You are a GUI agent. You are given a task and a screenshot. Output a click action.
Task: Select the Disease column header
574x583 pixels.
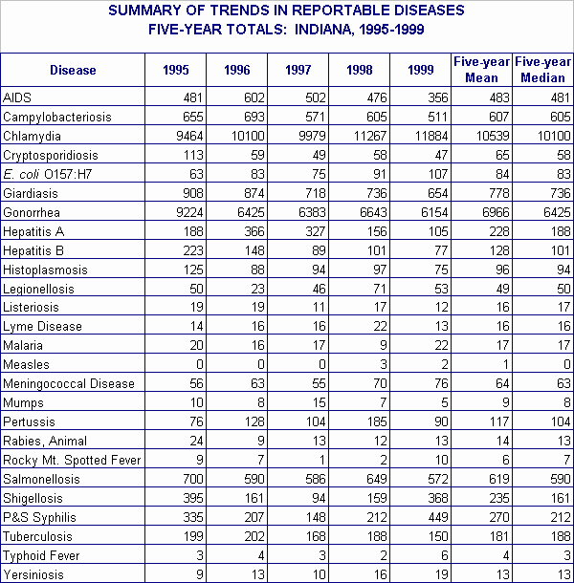click(x=73, y=71)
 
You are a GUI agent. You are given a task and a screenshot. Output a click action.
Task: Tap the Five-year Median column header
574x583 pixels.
click(x=542, y=71)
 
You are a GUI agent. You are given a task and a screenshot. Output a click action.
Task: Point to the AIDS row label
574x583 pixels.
click(x=17, y=97)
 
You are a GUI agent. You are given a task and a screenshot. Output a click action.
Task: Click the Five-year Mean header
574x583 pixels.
click(x=480, y=71)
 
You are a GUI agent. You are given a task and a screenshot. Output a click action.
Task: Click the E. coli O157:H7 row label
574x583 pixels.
click(x=47, y=174)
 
